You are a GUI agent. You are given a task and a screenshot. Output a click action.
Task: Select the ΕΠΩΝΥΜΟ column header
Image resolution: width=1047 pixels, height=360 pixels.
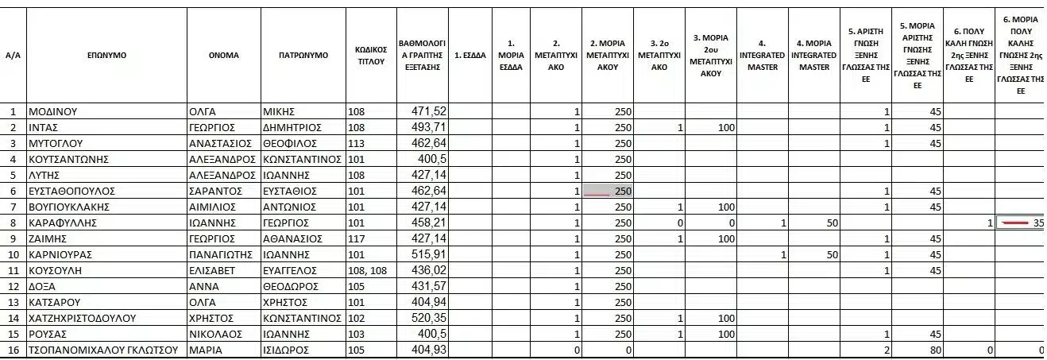pyautogui.click(x=106, y=56)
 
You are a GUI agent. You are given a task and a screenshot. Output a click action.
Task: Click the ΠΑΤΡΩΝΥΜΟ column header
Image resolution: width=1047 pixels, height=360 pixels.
pyautogui.click(x=303, y=56)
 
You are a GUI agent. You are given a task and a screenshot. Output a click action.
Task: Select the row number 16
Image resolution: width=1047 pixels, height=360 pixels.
pyautogui.click(x=13, y=350)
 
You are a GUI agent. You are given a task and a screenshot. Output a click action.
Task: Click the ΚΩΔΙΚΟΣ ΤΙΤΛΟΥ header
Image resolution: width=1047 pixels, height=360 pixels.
pyautogui.click(x=371, y=56)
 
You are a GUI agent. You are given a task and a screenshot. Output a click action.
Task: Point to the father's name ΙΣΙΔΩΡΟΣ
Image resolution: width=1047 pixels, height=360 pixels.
pyautogui.click(x=288, y=350)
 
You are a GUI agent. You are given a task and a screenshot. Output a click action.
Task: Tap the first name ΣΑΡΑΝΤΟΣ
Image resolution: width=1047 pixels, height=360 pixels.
pyautogui.click(x=211, y=191)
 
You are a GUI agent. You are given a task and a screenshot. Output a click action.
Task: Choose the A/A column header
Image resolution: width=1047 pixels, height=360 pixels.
pyautogui.click(x=13, y=56)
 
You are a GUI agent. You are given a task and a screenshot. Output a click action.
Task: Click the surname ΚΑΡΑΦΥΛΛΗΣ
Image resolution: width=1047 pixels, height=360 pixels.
pyautogui.click(x=62, y=223)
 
